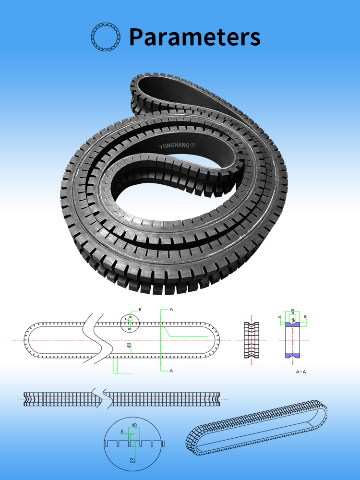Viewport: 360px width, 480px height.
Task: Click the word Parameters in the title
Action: tap(195, 37)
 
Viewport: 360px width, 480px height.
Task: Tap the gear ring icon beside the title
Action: tap(104, 37)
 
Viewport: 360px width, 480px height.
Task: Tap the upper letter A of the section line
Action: tap(170, 310)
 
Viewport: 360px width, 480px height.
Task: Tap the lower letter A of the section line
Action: tap(170, 371)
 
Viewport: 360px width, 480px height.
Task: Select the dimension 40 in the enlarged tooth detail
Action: tap(134, 425)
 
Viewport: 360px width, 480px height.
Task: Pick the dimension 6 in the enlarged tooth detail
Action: tap(122, 432)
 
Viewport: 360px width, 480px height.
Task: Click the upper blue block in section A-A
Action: tap(292, 324)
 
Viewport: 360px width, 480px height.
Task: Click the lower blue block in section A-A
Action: tap(292, 356)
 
